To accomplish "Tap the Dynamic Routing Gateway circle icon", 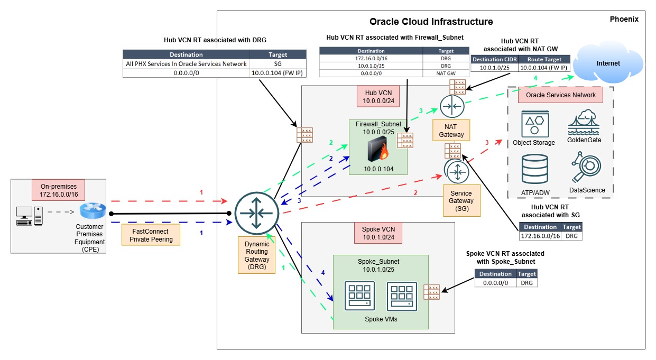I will (256, 214).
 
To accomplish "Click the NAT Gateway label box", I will (451, 131).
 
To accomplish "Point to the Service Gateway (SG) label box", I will (461, 200).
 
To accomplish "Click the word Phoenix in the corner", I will (624, 19).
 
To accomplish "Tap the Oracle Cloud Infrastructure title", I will (431, 22).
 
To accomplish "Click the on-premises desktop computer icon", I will (24, 215).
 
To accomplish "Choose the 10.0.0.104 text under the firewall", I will (378, 169).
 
